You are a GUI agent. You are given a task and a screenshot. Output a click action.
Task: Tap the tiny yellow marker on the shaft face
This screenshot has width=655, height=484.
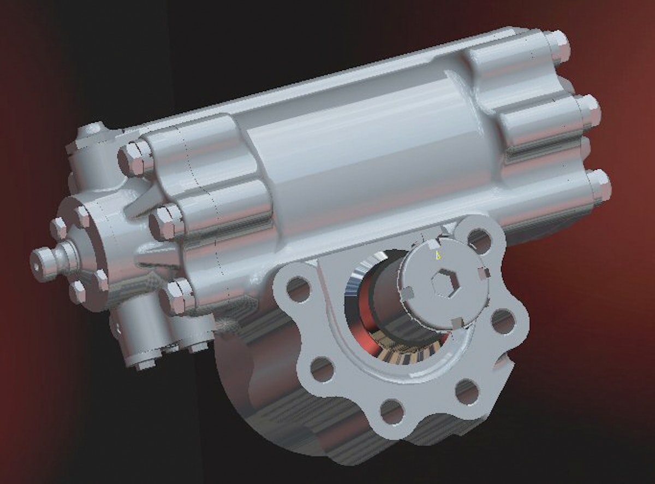(437, 254)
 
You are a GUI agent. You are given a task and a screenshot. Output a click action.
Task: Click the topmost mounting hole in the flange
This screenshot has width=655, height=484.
(479, 238)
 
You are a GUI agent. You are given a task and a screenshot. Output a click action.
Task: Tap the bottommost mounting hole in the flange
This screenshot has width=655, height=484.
(392, 411)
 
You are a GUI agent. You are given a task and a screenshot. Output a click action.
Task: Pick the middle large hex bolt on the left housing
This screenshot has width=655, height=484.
(163, 222)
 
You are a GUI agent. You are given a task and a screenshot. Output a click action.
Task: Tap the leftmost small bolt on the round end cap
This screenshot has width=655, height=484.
(58, 228)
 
